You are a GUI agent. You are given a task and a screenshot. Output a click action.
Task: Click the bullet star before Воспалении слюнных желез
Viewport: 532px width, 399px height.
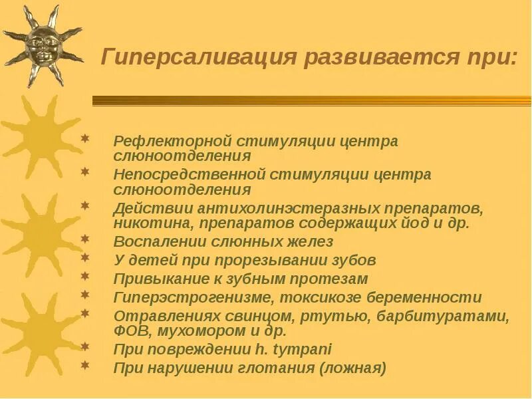(x=84, y=238)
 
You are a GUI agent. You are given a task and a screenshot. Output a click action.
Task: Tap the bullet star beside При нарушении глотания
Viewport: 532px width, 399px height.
(x=84, y=364)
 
